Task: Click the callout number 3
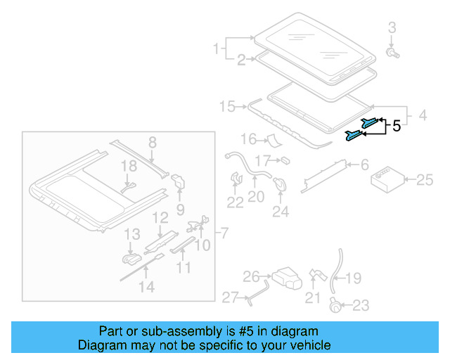(x=392, y=27)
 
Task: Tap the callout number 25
(x=425, y=181)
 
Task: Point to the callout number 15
(x=226, y=107)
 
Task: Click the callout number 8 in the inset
(x=152, y=143)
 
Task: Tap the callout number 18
(x=127, y=166)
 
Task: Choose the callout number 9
(x=180, y=209)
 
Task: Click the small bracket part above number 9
(x=178, y=181)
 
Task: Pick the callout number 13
(x=132, y=233)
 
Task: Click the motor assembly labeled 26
(x=285, y=277)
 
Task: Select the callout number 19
(x=353, y=278)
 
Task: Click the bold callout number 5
(x=396, y=127)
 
